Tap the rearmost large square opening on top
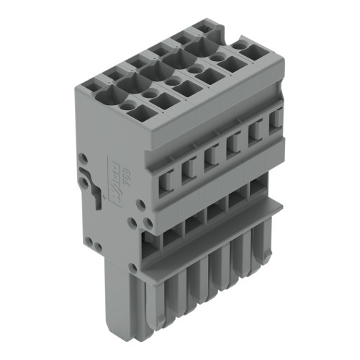[252, 52]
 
